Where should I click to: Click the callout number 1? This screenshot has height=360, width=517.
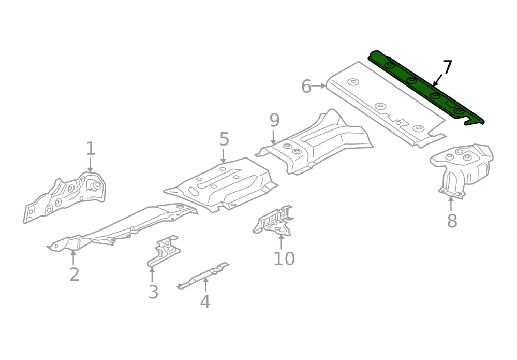click(91, 149)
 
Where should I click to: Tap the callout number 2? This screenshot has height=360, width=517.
click(75, 275)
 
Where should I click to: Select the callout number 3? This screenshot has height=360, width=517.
click(153, 292)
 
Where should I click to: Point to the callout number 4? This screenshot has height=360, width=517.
click(205, 301)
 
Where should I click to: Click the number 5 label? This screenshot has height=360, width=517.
click(224, 139)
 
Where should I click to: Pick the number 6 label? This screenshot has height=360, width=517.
click(306, 87)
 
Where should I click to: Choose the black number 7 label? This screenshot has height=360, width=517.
click(447, 67)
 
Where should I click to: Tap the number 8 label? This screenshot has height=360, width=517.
click(452, 221)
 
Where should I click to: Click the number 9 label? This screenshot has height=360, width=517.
click(274, 121)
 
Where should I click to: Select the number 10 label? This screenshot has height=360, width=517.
click(284, 258)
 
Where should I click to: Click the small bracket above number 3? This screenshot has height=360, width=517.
click(163, 251)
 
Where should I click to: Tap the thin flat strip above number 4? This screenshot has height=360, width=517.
click(203, 276)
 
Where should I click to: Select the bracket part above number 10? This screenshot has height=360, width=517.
click(273, 221)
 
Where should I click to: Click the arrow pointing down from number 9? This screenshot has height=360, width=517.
click(273, 137)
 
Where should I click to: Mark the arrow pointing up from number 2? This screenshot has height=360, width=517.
click(73, 257)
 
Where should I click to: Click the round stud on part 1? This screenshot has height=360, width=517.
click(96, 186)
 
